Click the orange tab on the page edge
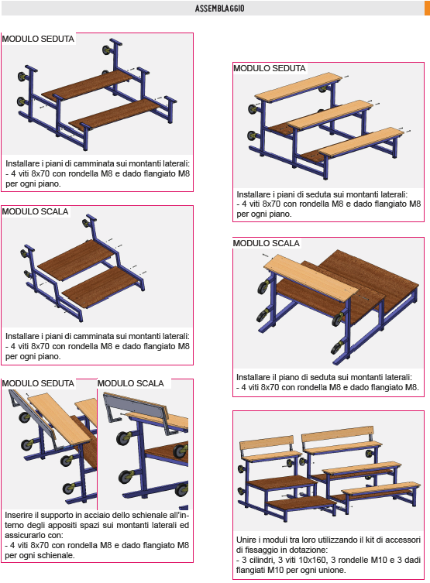[x=427, y=287]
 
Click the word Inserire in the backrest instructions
[x=19, y=515]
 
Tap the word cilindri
[x=261, y=560]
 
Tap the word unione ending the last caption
[x=329, y=570]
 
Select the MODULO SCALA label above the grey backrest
[x=130, y=383]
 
